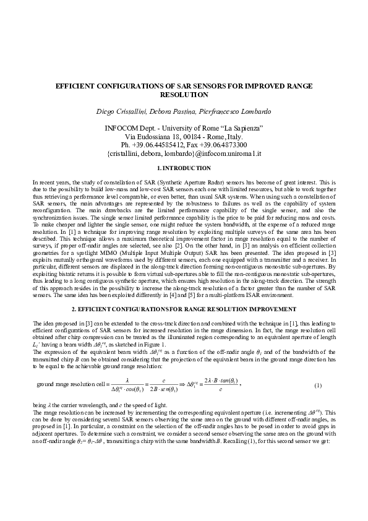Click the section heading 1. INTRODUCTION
[x=184, y=168]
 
